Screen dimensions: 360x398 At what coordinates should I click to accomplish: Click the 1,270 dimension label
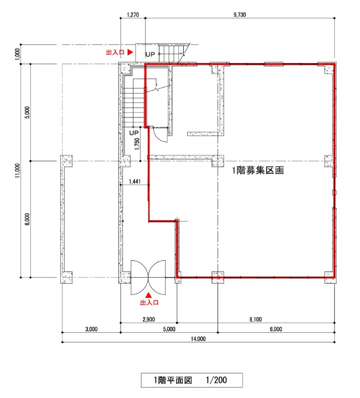pos(133,15)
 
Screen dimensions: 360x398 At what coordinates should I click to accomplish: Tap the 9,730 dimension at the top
pos(240,15)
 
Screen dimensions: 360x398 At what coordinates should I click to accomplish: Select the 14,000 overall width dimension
pos(198,339)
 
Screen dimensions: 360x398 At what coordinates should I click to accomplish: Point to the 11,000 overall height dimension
pos(17,171)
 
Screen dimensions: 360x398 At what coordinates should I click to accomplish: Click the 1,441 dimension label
pos(134,182)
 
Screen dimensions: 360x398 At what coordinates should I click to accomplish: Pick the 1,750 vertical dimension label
pos(137,144)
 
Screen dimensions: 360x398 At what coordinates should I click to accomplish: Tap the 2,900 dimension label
pos(148,319)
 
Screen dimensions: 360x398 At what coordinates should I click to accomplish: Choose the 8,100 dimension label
pos(255,319)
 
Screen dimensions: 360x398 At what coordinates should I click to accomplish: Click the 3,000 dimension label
pos(92,329)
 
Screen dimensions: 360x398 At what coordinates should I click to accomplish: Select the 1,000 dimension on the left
pos(17,54)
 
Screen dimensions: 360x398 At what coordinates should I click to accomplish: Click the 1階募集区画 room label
pos(258,170)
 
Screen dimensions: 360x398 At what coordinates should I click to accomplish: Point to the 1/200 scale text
pos(216,380)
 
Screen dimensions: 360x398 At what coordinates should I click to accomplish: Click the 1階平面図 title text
pos(173,380)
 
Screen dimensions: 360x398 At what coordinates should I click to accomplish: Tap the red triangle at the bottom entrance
pos(148,295)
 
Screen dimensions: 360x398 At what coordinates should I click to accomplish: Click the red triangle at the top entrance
pos(130,52)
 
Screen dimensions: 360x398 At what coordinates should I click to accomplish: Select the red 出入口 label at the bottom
pos(149,302)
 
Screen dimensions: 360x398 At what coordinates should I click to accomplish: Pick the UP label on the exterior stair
pos(150,54)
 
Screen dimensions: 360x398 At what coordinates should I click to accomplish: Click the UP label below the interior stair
pos(134,133)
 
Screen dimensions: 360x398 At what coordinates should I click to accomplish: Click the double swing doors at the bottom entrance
pos(148,277)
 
